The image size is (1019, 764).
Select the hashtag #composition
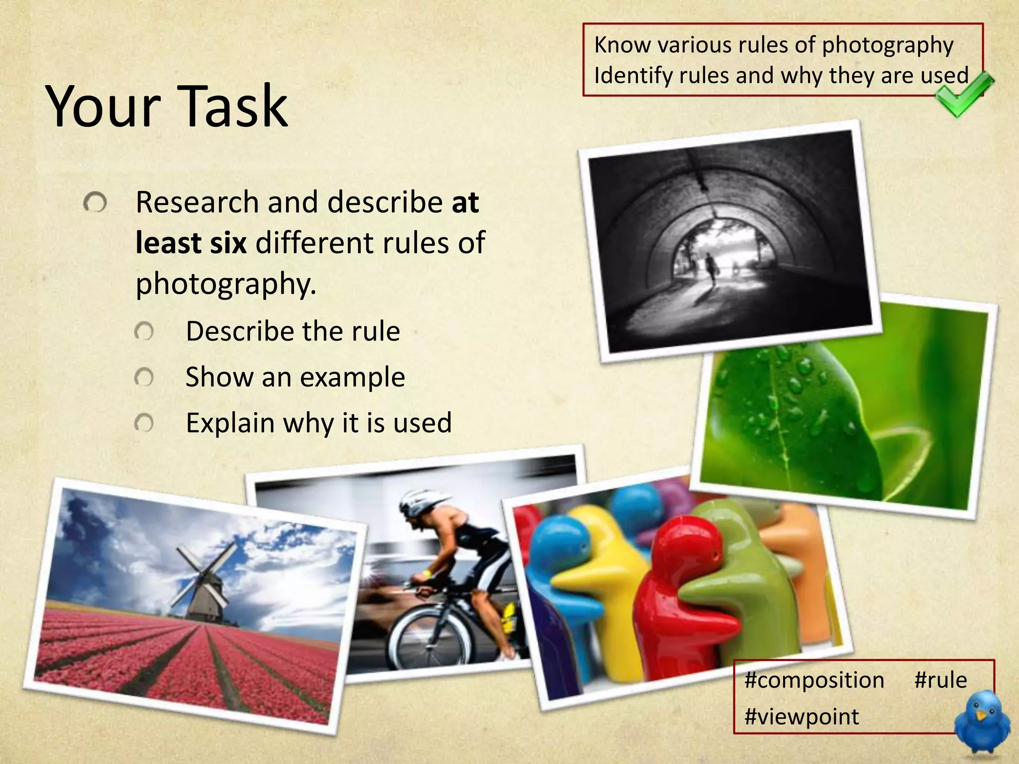coord(814,680)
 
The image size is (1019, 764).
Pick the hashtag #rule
coord(940,679)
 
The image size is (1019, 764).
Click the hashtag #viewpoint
coord(802,717)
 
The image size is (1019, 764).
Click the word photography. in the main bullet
coord(226,284)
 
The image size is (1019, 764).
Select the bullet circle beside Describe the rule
coord(144,332)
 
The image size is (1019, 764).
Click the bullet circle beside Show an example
coord(144,378)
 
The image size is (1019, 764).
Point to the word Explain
coord(230,423)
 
